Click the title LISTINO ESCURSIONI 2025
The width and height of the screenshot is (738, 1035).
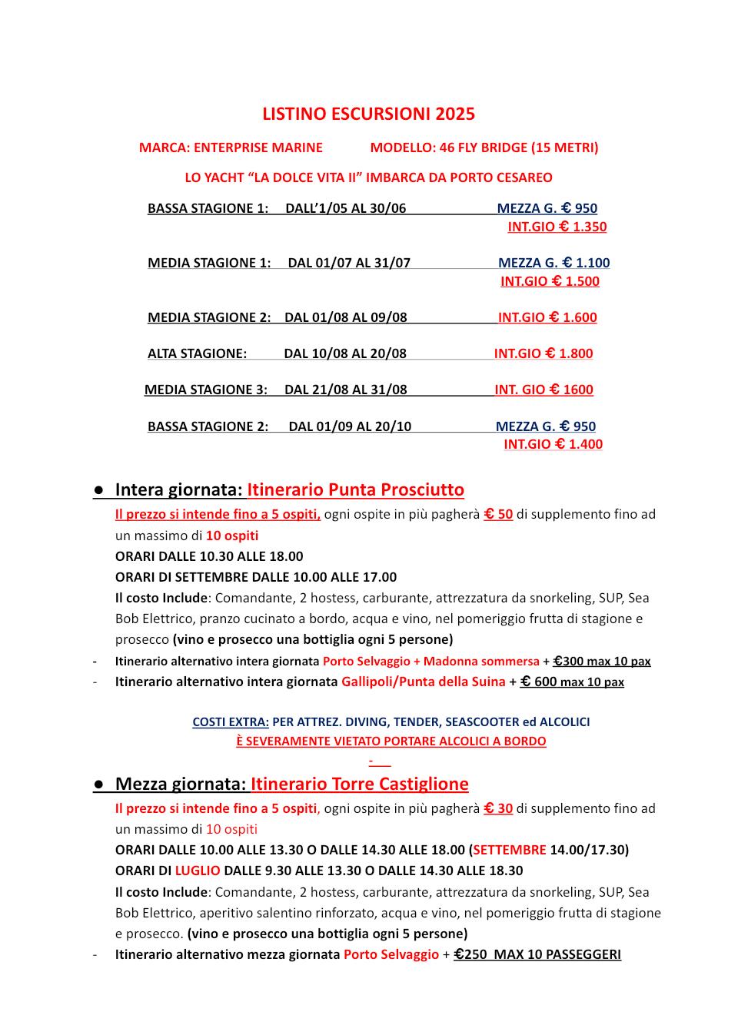[x=368, y=114]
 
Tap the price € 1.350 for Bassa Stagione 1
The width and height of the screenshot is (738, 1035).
[x=557, y=227]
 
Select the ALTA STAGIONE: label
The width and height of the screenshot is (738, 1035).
[x=197, y=353]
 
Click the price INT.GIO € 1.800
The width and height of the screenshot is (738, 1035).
[x=543, y=353]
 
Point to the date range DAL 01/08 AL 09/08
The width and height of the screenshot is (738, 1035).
[x=345, y=317]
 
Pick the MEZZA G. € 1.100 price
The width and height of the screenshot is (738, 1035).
[x=553, y=263]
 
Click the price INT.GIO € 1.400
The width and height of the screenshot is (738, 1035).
[x=553, y=444]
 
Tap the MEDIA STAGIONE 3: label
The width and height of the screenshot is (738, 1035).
[x=205, y=390]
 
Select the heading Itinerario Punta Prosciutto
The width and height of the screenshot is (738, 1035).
[x=355, y=489]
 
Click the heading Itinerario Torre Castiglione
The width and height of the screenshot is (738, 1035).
[x=359, y=784]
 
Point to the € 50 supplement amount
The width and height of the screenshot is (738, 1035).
[x=498, y=514]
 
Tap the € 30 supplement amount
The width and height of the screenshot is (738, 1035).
[x=498, y=808]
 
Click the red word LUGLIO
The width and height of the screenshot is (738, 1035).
[x=198, y=871]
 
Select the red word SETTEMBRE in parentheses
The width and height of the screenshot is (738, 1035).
[x=509, y=850]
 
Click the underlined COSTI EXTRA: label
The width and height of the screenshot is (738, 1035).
[x=231, y=722]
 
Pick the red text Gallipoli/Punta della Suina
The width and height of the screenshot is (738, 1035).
[x=423, y=682]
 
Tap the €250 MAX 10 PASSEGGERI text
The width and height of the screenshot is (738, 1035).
[x=537, y=954]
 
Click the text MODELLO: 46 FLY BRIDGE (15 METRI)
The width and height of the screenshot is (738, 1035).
[x=484, y=148]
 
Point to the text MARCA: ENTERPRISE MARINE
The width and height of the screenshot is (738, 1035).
[x=231, y=148]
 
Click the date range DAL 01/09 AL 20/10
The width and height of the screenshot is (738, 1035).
[x=350, y=426]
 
